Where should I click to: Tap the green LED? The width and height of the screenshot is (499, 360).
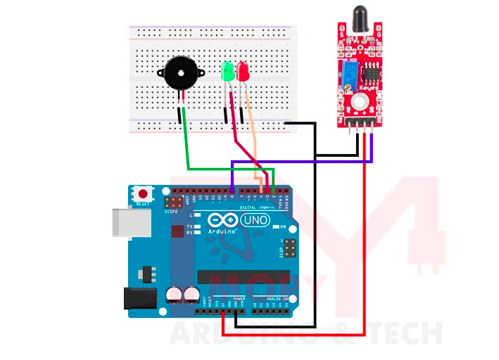click(x=227, y=71)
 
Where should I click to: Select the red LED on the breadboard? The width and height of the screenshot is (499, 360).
click(x=244, y=71)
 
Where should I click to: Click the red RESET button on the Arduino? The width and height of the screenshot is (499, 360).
click(x=144, y=193)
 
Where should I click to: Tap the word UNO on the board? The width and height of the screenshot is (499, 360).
click(x=255, y=221)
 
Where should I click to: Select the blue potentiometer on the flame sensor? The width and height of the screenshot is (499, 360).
click(x=348, y=72)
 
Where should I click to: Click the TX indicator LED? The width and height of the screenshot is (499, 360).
click(x=198, y=226)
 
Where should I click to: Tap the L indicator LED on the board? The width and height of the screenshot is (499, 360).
click(x=198, y=215)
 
